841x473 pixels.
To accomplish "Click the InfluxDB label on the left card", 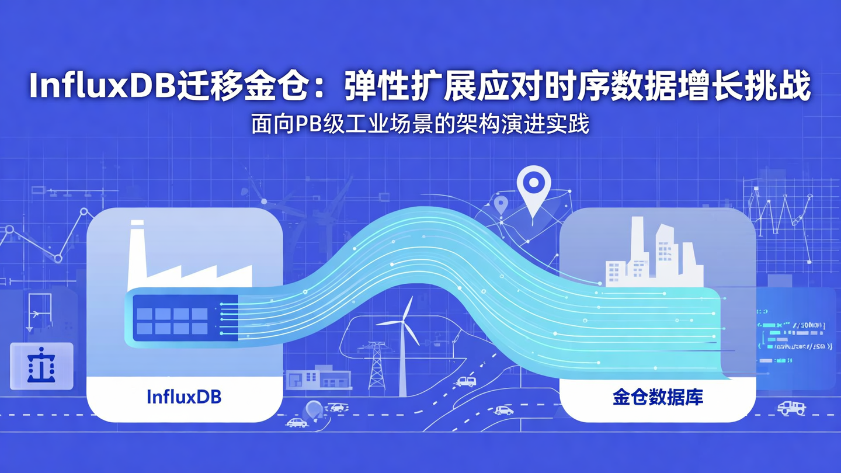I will pyautogui.click(x=185, y=398).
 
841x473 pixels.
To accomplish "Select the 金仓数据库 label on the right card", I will pyautogui.click(x=658, y=398).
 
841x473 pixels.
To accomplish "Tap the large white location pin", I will pyautogui.click(x=533, y=190).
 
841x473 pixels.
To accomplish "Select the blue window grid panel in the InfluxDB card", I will pyautogui.click(x=172, y=321).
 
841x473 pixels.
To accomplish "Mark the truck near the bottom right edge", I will pyautogui.click(x=791, y=408).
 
